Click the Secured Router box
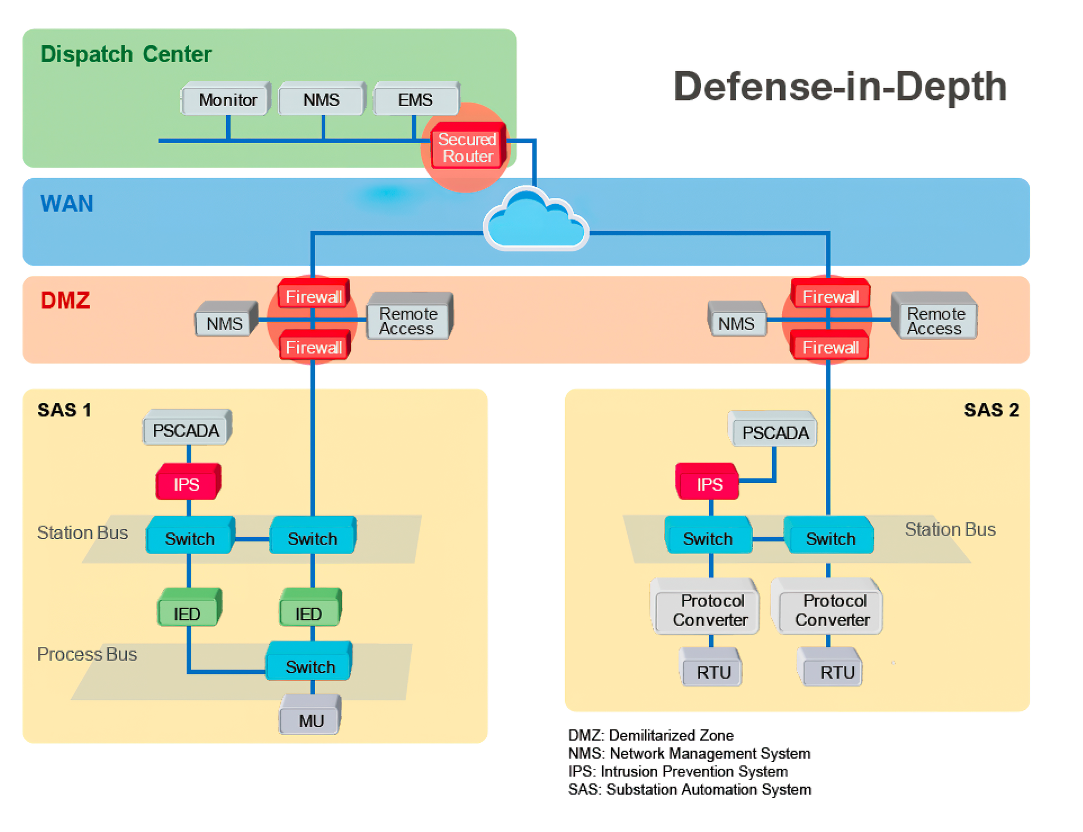coord(467,147)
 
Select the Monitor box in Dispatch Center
coord(227,100)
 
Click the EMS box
coord(415,100)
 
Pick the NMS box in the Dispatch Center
coord(322,100)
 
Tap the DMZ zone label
coord(65,300)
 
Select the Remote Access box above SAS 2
coord(934,320)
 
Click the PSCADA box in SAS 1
coord(186,430)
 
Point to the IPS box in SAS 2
coord(708,484)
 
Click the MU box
coord(311,720)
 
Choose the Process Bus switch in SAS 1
coord(310,666)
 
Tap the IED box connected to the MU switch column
coord(309,613)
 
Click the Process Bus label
coord(87,654)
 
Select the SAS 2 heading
coord(990,410)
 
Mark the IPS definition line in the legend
coord(677,771)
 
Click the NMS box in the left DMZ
coord(224,323)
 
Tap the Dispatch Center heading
coord(126,54)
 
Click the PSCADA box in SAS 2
coord(774,433)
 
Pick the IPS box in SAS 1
coord(187,484)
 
